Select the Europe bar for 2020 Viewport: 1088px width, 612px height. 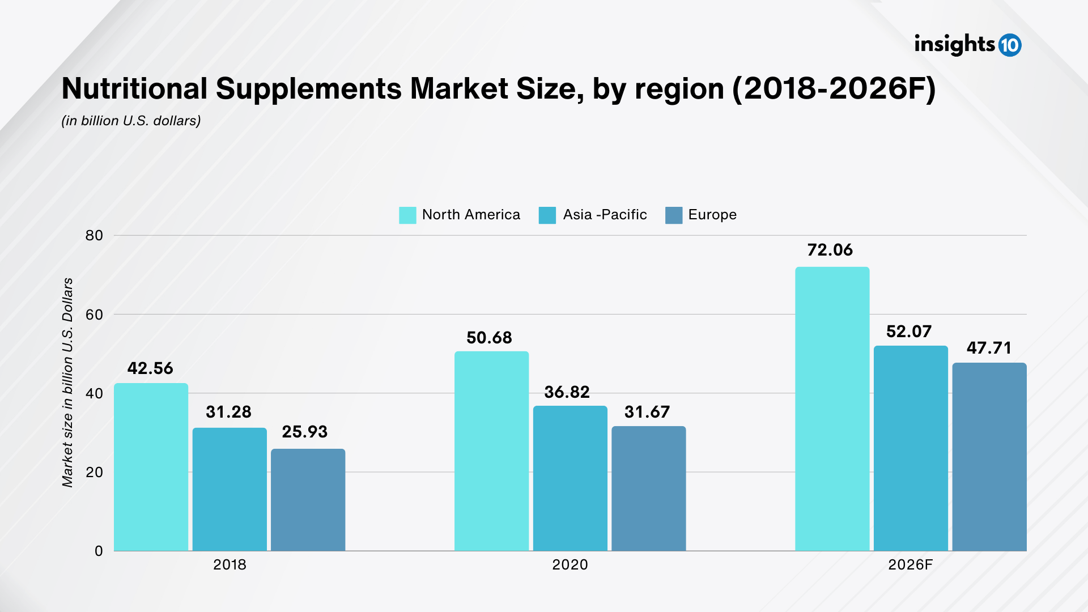[x=648, y=488]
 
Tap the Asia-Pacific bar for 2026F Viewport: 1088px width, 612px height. [x=910, y=448]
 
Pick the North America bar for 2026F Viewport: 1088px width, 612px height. [x=832, y=409]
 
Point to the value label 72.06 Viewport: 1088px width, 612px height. [x=830, y=250]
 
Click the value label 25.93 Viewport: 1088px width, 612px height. [x=305, y=432]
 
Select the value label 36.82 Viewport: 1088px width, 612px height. [x=567, y=392]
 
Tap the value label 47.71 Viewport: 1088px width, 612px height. [x=989, y=348]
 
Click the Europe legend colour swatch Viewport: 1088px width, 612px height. [x=674, y=215]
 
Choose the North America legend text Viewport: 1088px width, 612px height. [x=471, y=215]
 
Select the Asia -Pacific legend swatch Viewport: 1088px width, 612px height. [x=547, y=215]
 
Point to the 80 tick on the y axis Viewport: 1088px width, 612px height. [x=95, y=236]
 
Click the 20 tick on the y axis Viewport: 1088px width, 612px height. [x=95, y=472]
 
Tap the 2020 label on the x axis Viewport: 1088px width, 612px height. [x=570, y=565]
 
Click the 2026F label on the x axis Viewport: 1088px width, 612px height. [x=910, y=565]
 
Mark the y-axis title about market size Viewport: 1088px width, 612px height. [x=68, y=382]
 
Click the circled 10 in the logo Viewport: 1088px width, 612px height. [x=1010, y=45]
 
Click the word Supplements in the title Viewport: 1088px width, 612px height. [x=309, y=89]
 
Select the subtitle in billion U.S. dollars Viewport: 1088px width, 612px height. [x=131, y=121]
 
